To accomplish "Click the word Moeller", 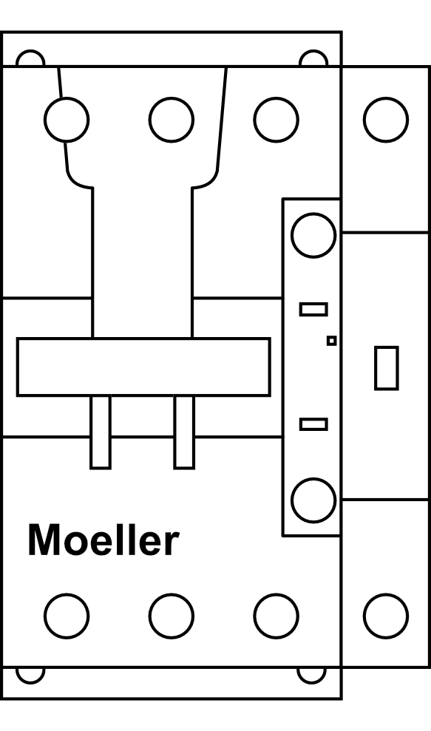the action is pyautogui.click(x=103, y=540).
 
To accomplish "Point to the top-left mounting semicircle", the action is pyautogui.click(x=30, y=51).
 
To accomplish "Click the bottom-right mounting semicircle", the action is pyautogui.click(x=311, y=682).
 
